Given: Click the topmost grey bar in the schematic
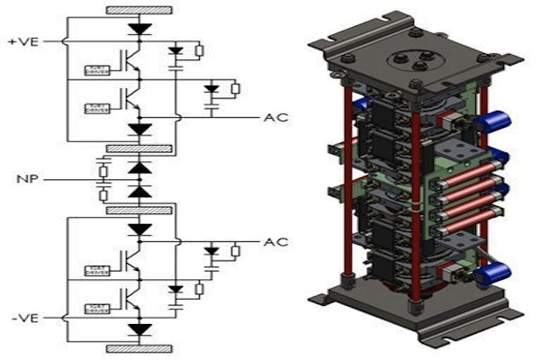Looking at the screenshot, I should (x=139, y=11).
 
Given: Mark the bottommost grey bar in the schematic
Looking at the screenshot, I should (x=139, y=348).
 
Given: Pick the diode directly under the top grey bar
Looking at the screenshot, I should (x=139, y=29).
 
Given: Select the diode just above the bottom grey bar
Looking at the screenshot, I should (x=139, y=329).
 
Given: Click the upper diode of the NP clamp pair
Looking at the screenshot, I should (x=139, y=168).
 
